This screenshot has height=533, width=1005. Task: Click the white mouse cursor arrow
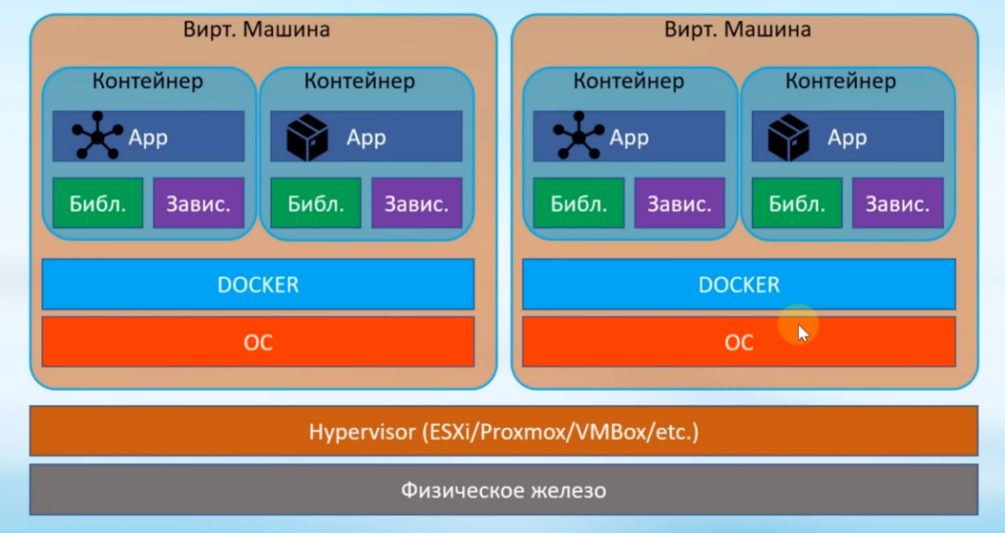pyautogui.click(x=804, y=333)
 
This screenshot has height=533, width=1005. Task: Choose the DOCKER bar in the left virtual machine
pyautogui.click(x=257, y=285)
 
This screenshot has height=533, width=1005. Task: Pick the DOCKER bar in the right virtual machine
pyautogui.click(x=738, y=285)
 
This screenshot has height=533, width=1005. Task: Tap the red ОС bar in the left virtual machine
pyautogui.click(x=257, y=342)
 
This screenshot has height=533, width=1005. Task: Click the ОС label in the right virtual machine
pyautogui.click(x=738, y=342)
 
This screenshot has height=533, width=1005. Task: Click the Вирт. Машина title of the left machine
pyautogui.click(x=256, y=29)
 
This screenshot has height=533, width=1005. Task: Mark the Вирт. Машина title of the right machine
pyautogui.click(x=737, y=29)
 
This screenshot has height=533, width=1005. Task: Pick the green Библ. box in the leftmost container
pyautogui.click(x=97, y=204)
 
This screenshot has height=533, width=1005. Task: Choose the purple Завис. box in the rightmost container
pyautogui.click(x=897, y=204)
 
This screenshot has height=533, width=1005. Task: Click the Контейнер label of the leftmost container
pyautogui.click(x=147, y=81)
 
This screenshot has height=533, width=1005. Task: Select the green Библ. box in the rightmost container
pyautogui.click(x=796, y=204)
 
